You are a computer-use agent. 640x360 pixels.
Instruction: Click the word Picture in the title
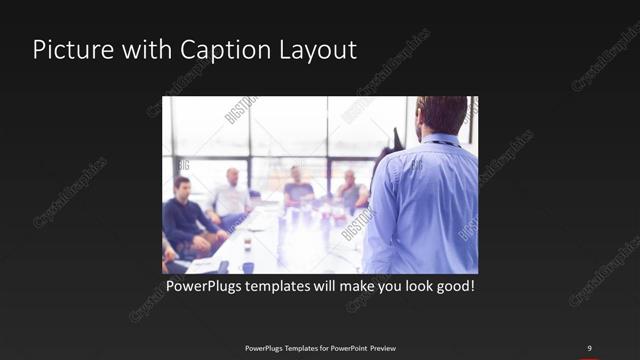point(67,50)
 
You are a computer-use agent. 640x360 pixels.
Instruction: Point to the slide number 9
point(591,348)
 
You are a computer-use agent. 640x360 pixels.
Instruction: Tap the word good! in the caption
point(451,286)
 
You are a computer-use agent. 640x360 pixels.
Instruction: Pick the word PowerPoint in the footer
point(344,348)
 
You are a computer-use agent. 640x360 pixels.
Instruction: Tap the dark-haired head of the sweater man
point(182,185)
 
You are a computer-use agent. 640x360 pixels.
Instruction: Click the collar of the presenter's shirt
point(441,140)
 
